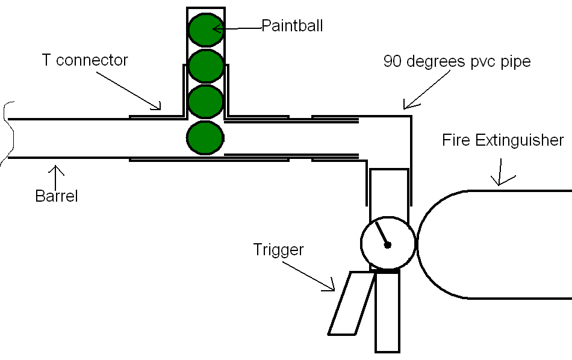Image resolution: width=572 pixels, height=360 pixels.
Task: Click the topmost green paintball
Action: tap(206, 30)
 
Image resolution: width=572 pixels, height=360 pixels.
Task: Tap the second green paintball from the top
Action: tap(206, 66)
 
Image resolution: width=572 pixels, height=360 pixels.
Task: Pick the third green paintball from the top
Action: tap(206, 101)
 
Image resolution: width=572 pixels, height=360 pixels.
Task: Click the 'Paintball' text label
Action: tap(292, 26)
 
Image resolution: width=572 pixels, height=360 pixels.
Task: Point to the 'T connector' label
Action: tap(85, 60)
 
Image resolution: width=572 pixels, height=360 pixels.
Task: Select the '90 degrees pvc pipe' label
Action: tap(457, 61)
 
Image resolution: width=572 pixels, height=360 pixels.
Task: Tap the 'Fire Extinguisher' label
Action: tap(503, 140)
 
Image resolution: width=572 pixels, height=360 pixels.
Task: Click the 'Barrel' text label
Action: tap(57, 196)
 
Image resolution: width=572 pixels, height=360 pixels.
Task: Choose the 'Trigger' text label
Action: tap(279, 250)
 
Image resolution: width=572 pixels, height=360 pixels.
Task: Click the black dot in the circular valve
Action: tap(388, 245)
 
